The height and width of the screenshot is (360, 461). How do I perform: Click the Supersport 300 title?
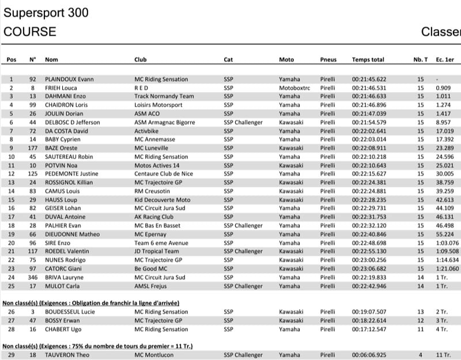tap(46, 12)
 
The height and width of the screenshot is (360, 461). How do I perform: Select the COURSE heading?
tap(30, 32)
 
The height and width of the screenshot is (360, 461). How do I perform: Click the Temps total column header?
tap(368, 60)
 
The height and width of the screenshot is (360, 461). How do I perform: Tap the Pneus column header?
tap(328, 60)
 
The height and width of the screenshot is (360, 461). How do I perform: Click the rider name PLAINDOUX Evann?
tap(70, 79)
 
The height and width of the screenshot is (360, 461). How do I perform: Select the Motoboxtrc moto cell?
tap(294, 88)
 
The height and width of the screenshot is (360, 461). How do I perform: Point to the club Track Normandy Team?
tap(164, 97)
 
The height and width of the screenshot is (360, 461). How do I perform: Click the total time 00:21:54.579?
tap(369, 123)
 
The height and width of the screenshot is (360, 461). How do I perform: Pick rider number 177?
tap(32, 149)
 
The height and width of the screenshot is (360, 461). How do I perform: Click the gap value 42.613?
tap(444, 200)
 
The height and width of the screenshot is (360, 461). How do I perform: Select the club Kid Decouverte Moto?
tap(162, 200)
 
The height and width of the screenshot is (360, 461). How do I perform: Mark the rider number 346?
tap(32, 278)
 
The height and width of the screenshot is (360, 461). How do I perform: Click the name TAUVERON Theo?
tap(67, 355)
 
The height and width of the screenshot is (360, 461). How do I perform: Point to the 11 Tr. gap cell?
tap(443, 355)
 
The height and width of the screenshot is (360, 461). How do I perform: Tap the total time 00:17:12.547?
tap(369, 329)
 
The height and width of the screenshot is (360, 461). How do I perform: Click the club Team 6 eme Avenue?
tap(161, 243)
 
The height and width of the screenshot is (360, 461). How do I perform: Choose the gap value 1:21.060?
tap(448, 269)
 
